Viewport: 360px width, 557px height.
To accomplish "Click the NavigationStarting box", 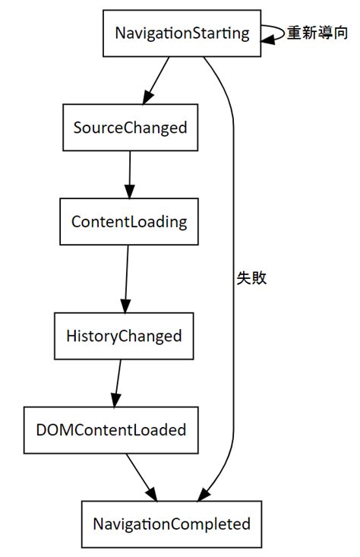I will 182,33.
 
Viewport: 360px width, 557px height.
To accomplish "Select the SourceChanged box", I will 130,127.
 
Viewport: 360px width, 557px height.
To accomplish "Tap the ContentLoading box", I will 128,221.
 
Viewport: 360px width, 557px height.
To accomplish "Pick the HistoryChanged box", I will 124,335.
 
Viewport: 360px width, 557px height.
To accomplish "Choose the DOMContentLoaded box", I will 111,429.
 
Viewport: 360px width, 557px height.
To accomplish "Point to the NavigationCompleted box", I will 172,524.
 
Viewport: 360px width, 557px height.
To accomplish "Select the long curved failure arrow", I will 232,228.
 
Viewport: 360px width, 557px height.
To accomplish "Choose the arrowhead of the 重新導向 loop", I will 268,39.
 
